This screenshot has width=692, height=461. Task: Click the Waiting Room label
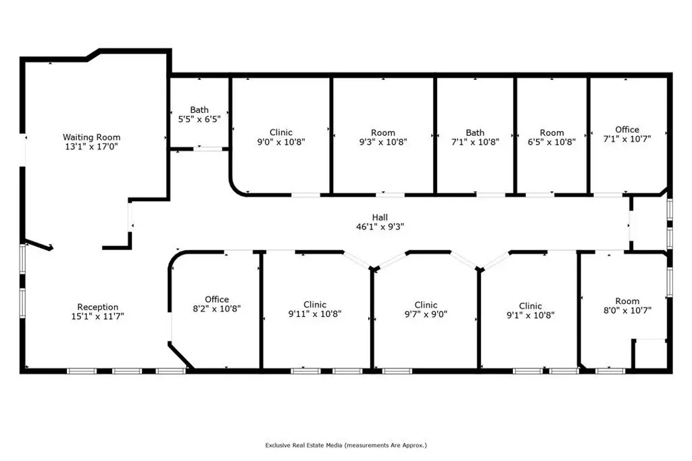tap(91, 137)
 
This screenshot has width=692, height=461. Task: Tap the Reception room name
tap(97, 307)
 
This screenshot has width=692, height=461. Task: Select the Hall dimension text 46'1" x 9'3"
tap(380, 227)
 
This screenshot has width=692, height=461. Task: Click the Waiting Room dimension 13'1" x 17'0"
tap(91, 147)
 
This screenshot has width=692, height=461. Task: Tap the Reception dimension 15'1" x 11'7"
tap(97, 316)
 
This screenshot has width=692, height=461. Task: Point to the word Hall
tap(380, 217)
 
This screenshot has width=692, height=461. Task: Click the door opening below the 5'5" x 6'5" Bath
tap(208, 149)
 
